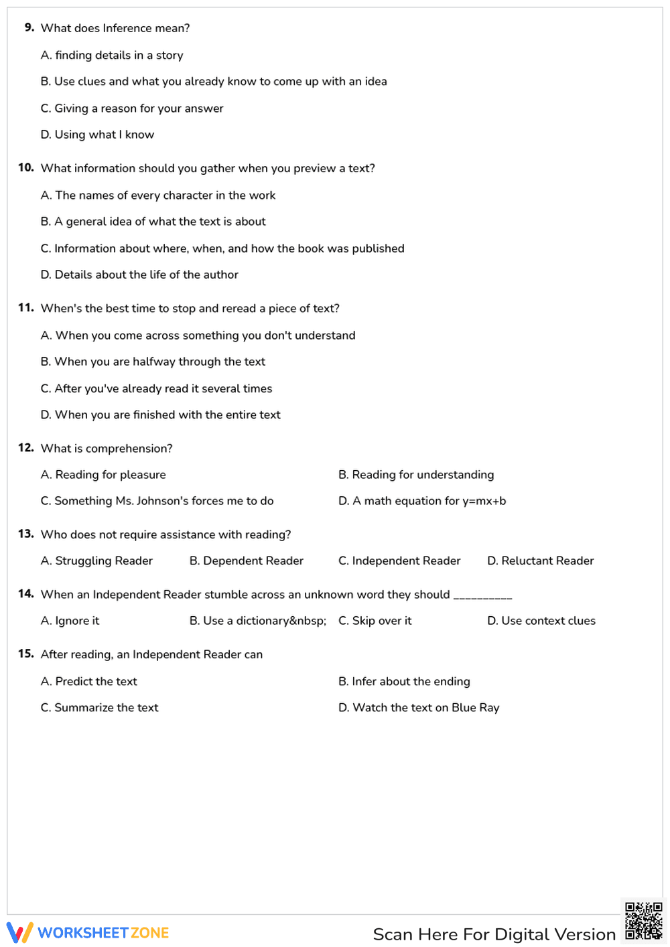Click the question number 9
(29, 27)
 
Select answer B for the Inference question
(214, 82)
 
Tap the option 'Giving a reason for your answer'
(132, 108)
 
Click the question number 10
(26, 167)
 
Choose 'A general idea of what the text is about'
(153, 222)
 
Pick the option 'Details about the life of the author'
(139, 275)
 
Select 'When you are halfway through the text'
(153, 362)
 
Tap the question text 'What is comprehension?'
(107, 449)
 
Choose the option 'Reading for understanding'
(416, 475)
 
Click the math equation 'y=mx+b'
(484, 501)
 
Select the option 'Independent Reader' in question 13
(399, 561)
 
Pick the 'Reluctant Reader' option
(540, 561)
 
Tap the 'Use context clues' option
(541, 621)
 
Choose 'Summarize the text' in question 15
(100, 708)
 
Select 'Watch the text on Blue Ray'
(419, 708)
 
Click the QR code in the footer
(643, 921)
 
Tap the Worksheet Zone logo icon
(19, 932)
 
